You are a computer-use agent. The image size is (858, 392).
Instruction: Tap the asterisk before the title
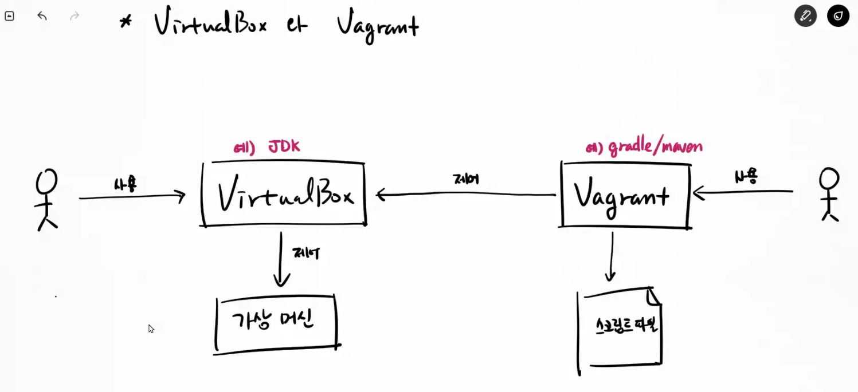(126, 22)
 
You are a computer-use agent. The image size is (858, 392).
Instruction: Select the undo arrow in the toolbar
(42, 16)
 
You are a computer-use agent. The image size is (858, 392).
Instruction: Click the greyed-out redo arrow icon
(75, 16)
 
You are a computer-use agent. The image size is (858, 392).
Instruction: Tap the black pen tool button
(805, 16)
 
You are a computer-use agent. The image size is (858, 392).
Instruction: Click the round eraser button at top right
(838, 16)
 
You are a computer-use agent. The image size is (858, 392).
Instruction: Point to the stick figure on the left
(46, 199)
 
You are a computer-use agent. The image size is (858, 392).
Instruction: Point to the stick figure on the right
(829, 194)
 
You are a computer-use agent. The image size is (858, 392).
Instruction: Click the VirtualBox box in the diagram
(284, 195)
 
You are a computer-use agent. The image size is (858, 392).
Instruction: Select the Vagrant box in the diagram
(625, 195)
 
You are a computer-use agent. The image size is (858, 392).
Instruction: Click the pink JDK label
(267, 147)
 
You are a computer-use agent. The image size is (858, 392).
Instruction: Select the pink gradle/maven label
(644, 147)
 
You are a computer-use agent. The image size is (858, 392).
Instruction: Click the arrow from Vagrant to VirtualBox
(465, 195)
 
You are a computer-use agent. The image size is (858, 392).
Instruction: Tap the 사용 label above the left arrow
(125, 185)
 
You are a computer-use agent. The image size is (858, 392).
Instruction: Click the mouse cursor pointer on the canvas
(151, 328)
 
